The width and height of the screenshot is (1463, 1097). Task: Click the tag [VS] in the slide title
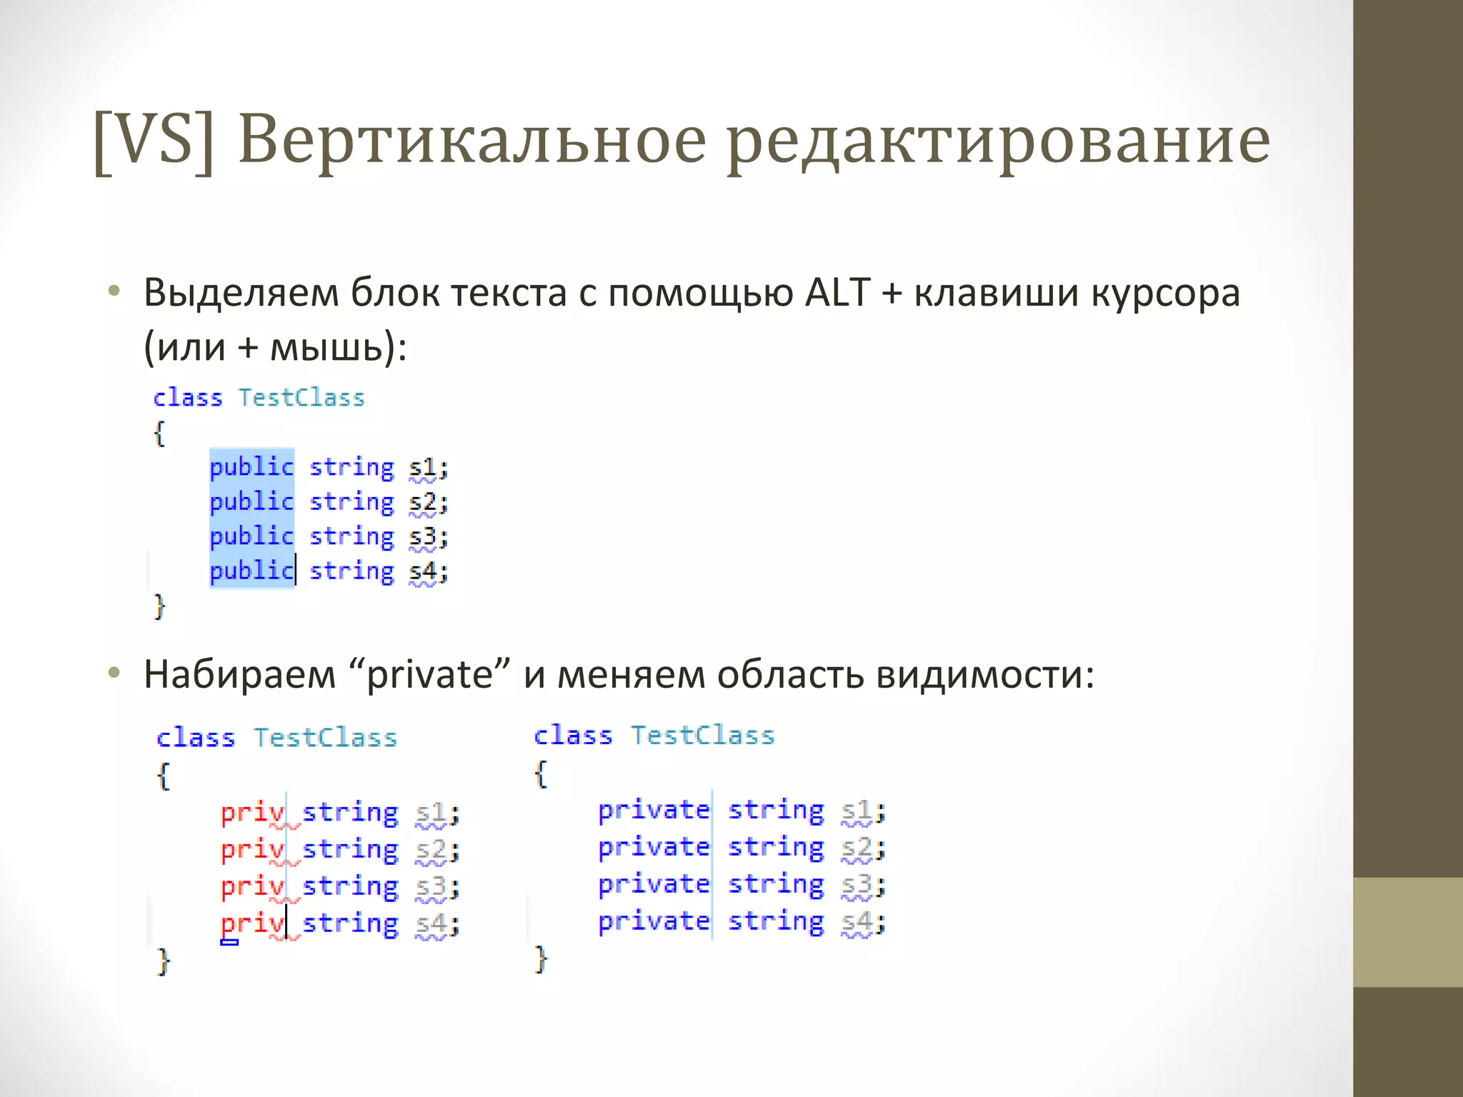click(x=154, y=141)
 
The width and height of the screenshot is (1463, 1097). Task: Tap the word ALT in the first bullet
click(x=837, y=294)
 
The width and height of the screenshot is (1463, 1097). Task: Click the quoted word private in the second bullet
click(x=429, y=675)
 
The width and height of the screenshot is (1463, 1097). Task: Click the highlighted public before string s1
click(x=251, y=468)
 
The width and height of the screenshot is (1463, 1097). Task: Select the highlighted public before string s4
click(x=251, y=571)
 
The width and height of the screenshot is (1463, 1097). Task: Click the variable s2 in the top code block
click(x=422, y=503)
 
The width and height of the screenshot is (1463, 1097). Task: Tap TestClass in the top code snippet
click(x=301, y=398)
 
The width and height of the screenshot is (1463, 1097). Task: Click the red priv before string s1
click(x=252, y=813)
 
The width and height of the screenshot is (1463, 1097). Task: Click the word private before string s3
click(x=654, y=885)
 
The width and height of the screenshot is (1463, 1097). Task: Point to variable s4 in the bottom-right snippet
click(x=856, y=922)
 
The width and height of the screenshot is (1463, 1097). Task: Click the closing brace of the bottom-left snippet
click(x=164, y=961)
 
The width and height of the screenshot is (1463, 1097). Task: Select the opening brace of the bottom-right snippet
click(x=541, y=773)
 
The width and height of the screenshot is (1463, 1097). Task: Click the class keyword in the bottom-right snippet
click(x=573, y=736)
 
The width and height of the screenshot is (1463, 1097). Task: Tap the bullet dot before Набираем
click(x=114, y=673)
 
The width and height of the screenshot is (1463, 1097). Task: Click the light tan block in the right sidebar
click(x=1408, y=932)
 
